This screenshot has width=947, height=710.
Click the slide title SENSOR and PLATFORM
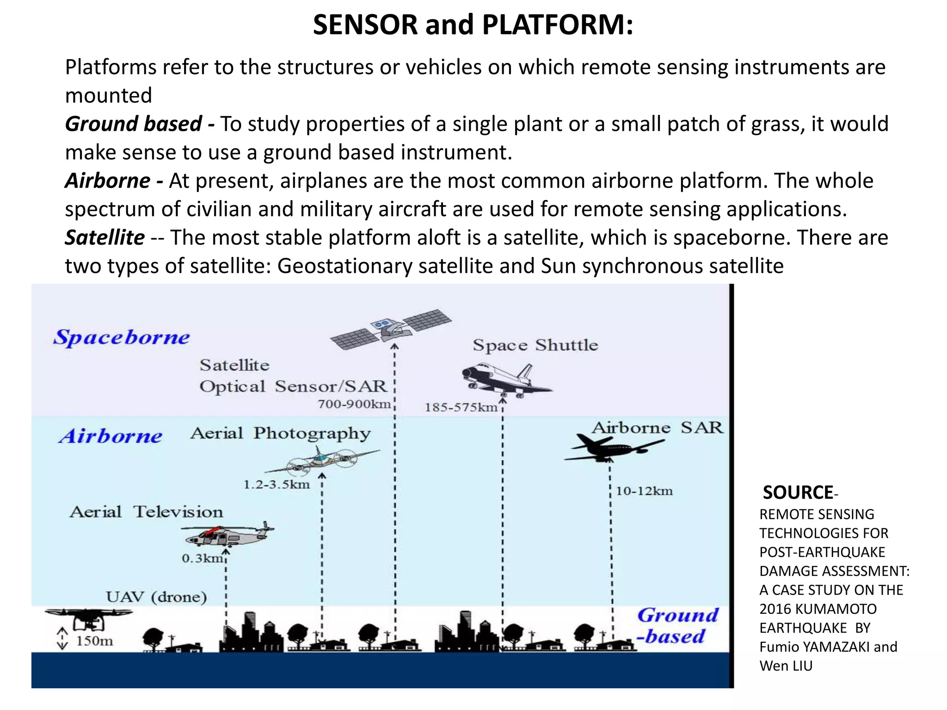coord(473,25)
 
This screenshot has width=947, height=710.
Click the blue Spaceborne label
coord(122,337)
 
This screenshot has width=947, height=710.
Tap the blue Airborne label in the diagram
coord(111,436)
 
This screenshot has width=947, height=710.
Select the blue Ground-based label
coord(678,626)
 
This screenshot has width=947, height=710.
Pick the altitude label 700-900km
coord(354,404)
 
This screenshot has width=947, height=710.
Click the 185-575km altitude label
coord(461,408)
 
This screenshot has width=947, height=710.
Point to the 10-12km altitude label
coord(644,491)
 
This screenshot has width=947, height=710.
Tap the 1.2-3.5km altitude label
coord(277,485)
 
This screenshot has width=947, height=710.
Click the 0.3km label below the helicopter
coord(203,559)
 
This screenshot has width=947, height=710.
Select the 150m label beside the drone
coord(94,641)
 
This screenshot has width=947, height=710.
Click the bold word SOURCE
coord(798,493)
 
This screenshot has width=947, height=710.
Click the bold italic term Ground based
coord(133,124)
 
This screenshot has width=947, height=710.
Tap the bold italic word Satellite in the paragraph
coord(105,238)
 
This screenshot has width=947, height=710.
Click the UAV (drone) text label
coord(156,597)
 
